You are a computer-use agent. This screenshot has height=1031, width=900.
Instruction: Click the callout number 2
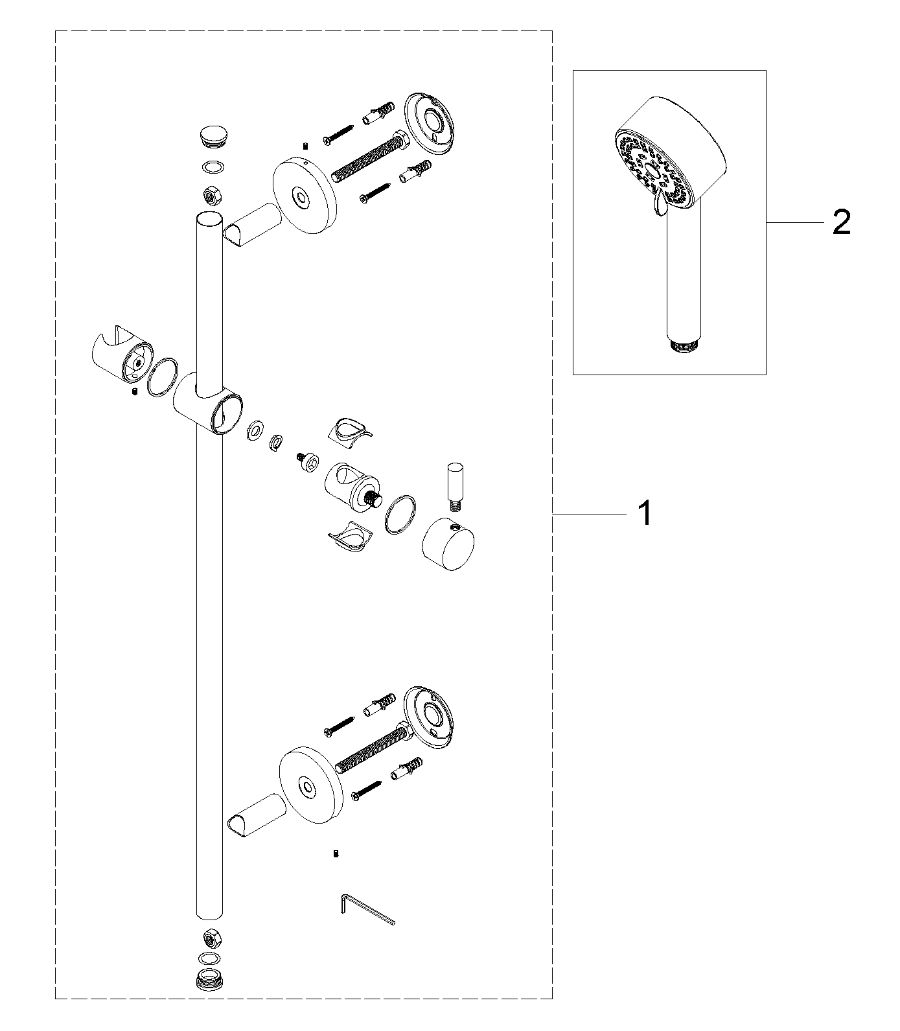(x=840, y=222)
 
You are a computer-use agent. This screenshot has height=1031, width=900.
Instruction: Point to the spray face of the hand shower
(x=652, y=170)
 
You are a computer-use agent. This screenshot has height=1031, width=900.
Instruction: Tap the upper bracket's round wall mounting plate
(x=430, y=124)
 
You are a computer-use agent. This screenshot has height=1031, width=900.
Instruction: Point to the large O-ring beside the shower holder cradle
(x=162, y=375)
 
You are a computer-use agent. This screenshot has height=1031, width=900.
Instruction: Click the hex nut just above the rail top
(x=210, y=193)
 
